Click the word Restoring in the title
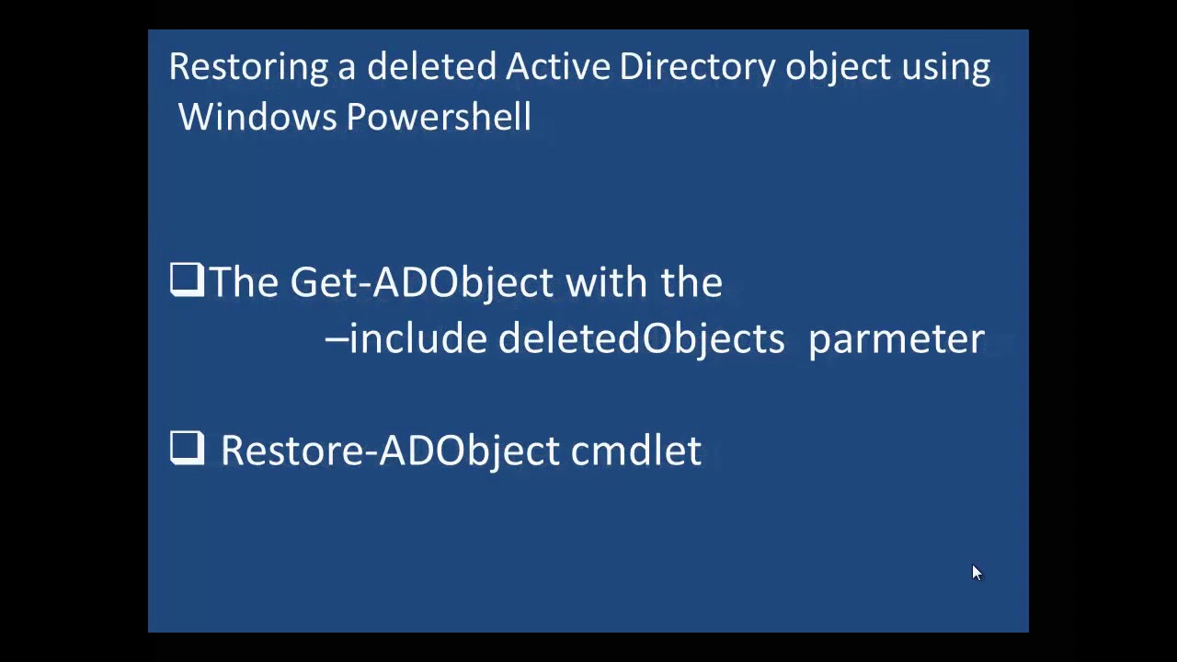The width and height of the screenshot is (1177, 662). coord(248,67)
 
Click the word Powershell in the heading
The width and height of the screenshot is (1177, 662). coord(439,118)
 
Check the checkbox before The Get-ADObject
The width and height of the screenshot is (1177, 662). coord(187,280)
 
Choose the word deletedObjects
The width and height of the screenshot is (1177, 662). coord(641,339)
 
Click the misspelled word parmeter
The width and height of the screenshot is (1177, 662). coord(896,339)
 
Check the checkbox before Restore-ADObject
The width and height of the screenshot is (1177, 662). coord(187,449)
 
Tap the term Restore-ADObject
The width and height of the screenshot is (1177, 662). coord(389,451)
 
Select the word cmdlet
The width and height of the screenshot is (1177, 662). coord(635,451)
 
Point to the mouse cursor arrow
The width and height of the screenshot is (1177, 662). coord(976,572)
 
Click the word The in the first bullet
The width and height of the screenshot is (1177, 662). coord(244,282)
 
